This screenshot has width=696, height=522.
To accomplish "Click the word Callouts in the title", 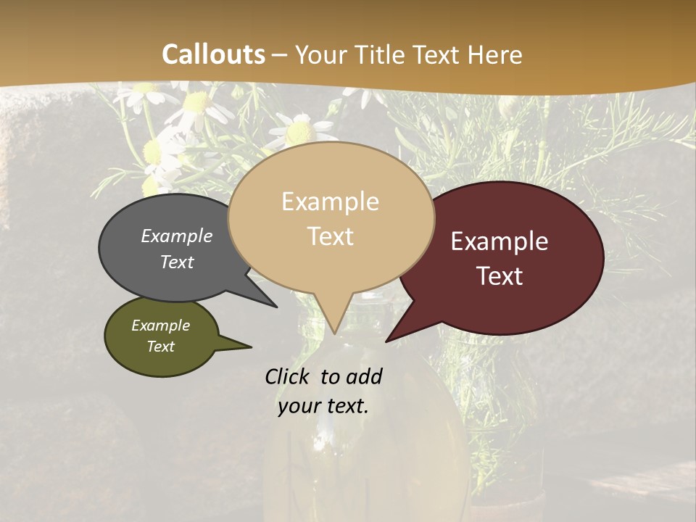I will tap(213, 54).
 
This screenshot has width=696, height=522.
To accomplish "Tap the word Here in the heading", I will tap(494, 54).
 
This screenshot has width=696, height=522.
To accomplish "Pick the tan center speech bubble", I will tap(331, 268).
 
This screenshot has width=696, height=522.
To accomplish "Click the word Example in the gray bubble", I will tap(177, 236).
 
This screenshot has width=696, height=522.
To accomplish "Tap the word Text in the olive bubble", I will tap(161, 347).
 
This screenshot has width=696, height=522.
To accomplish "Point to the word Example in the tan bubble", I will tap(331, 202).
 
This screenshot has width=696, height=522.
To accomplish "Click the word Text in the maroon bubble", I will tap(500, 276).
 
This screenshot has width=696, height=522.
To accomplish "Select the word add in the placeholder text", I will tap(363, 376).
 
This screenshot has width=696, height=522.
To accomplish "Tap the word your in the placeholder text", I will tap(299, 406).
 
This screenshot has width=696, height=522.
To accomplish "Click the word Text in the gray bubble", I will tap(177, 262).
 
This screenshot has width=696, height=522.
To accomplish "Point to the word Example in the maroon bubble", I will tap(500, 241).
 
